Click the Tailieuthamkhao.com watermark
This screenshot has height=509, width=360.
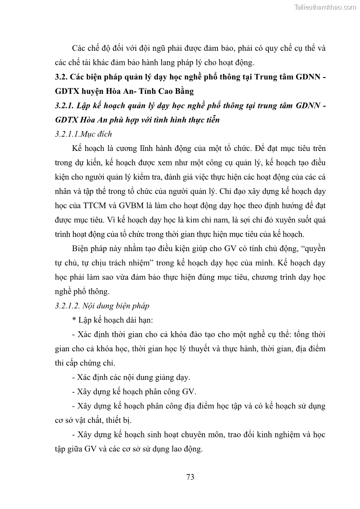(x=325, y=7)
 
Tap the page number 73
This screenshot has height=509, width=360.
(x=190, y=476)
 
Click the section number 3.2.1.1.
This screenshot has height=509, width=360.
(x=68, y=134)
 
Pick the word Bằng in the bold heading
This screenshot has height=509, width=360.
(x=182, y=91)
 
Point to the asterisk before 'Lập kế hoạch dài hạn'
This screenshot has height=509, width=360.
(x=74, y=320)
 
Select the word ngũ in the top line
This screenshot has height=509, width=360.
(x=146, y=48)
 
